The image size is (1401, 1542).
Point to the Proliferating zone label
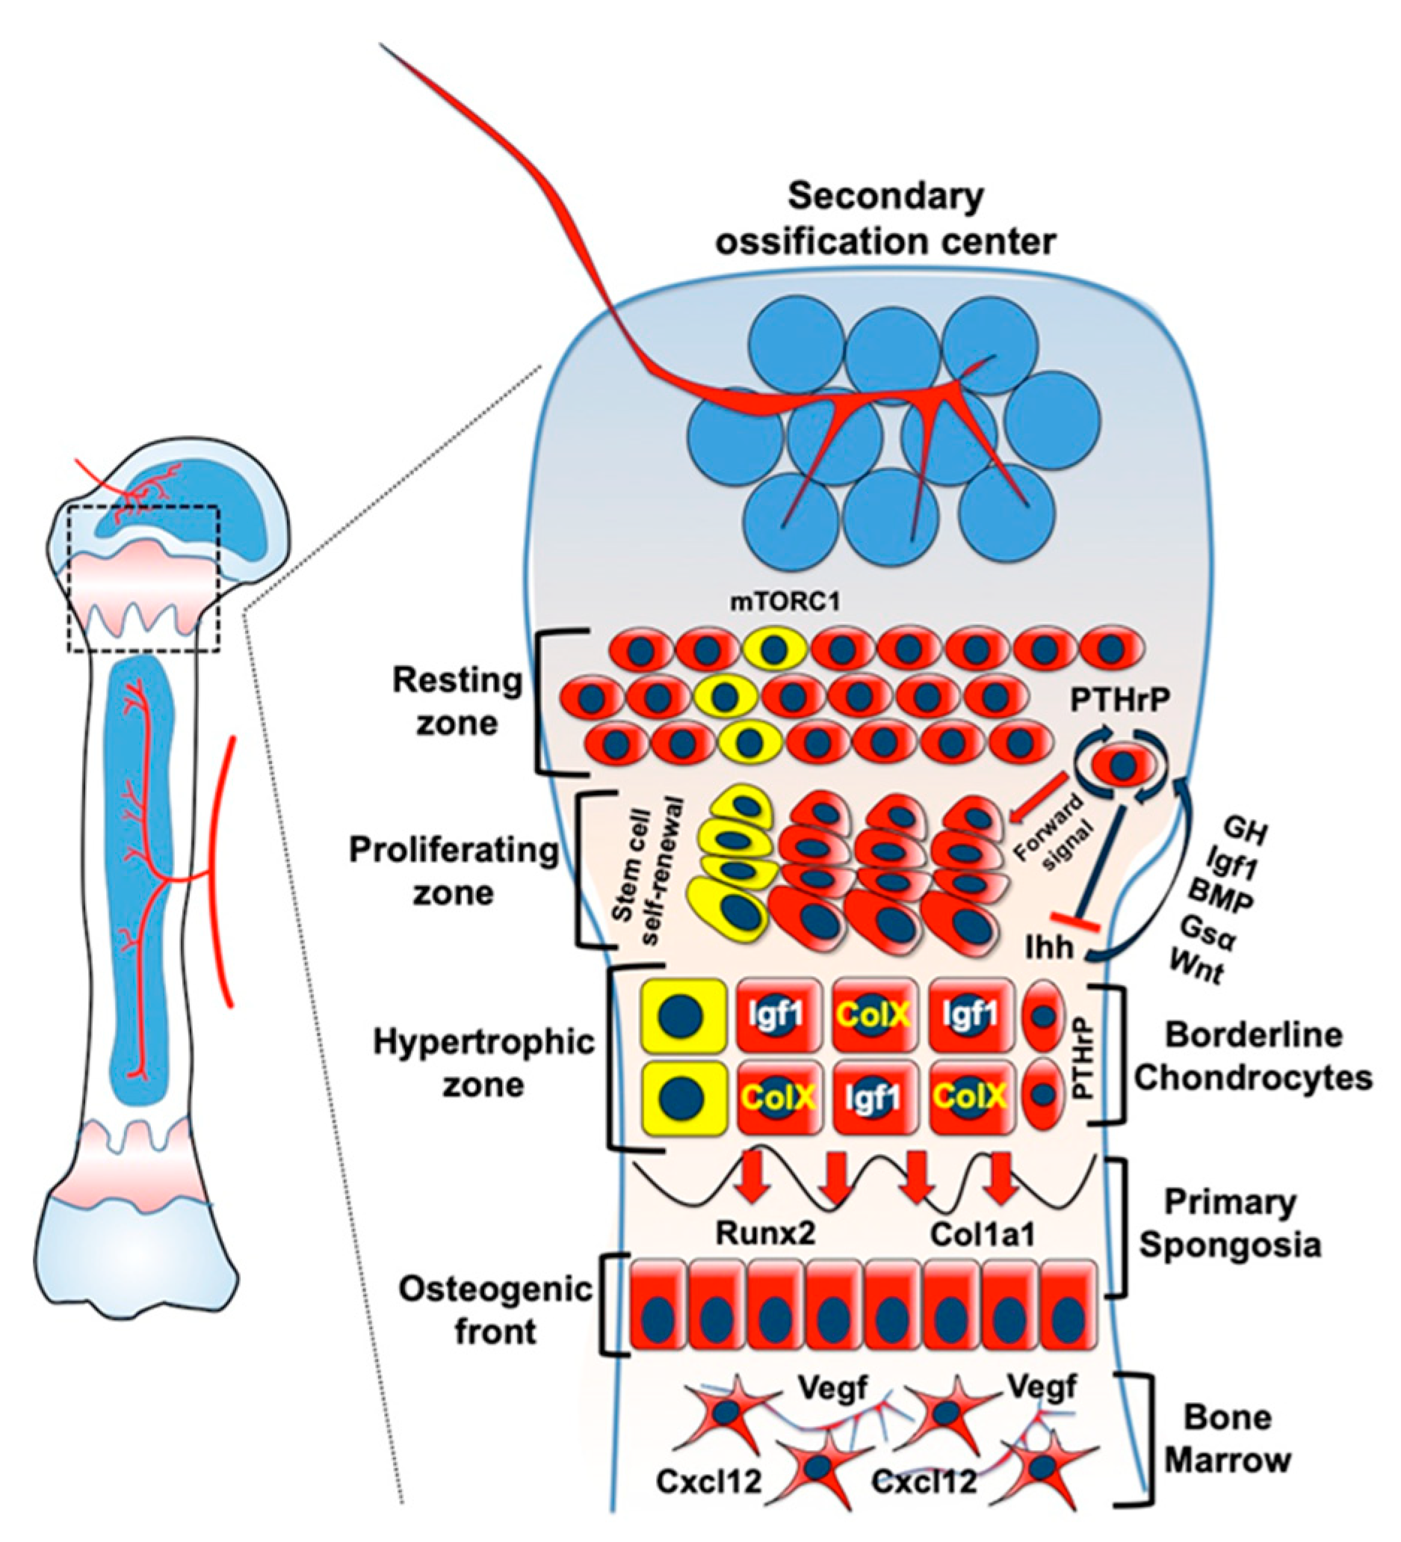pos(454,872)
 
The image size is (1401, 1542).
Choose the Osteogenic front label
pos(495,1310)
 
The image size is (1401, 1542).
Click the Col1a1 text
pos(982,1234)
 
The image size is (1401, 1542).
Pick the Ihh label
pos(1049,949)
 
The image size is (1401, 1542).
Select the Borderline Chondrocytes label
pos(1253,1056)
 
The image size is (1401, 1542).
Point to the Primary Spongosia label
pos(1231,1224)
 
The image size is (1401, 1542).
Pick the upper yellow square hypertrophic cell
pos(683,1015)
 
